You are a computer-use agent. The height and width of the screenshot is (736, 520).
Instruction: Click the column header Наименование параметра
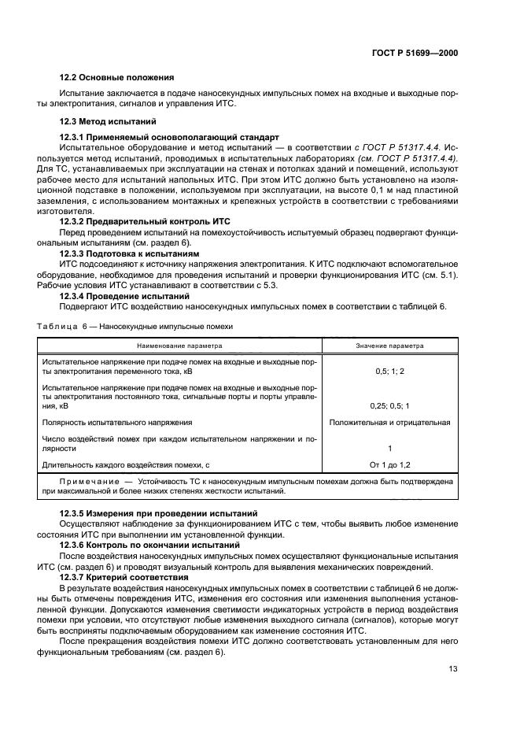tap(179, 345)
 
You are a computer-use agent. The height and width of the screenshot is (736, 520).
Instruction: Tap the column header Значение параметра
tap(389, 345)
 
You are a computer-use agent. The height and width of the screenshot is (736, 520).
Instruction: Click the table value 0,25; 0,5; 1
tap(389, 405)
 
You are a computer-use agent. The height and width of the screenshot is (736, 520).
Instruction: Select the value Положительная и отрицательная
tap(389, 423)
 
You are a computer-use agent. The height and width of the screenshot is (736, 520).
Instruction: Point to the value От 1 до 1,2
tap(389, 465)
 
